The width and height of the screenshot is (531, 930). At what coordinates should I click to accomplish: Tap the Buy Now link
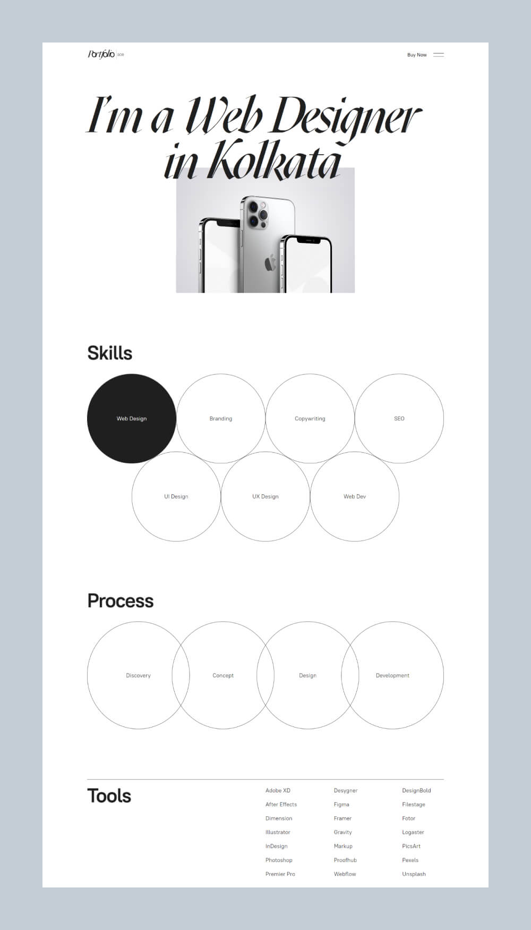(x=417, y=55)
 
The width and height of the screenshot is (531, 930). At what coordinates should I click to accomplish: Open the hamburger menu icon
(x=439, y=55)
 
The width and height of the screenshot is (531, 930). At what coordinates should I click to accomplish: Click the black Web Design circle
(x=132, y=418)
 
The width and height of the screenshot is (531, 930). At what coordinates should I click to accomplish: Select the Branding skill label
(x=221, y=419)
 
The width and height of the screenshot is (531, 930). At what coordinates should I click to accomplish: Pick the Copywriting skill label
(x=310, y=419)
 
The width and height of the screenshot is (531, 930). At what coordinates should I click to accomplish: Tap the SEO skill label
(x=399, y=419)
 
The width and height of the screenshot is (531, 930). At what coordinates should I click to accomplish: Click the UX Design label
(x=265, y=496)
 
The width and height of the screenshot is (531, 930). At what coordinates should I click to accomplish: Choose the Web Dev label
(x=355, y=496)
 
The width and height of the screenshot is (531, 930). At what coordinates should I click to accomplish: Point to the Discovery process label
(x=139, y=675)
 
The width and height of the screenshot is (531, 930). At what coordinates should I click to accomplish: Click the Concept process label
(x=223, y=675)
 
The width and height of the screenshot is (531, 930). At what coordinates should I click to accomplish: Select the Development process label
(x=392, y=675)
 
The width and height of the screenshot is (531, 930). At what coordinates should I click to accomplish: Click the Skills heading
(x=110, y=353)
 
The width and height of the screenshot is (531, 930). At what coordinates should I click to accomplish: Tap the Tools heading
(x=109, y=796)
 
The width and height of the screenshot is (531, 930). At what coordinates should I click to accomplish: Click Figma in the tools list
(x=341, y=805)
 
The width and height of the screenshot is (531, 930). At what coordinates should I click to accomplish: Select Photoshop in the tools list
(x=279, y=860)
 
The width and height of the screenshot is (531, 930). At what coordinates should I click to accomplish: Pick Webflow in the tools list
(x=345, y=874)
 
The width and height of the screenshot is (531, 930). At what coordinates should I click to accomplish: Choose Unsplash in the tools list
(x=414, y=874)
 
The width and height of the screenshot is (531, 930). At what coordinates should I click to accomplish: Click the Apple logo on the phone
(x=270, y=262)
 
